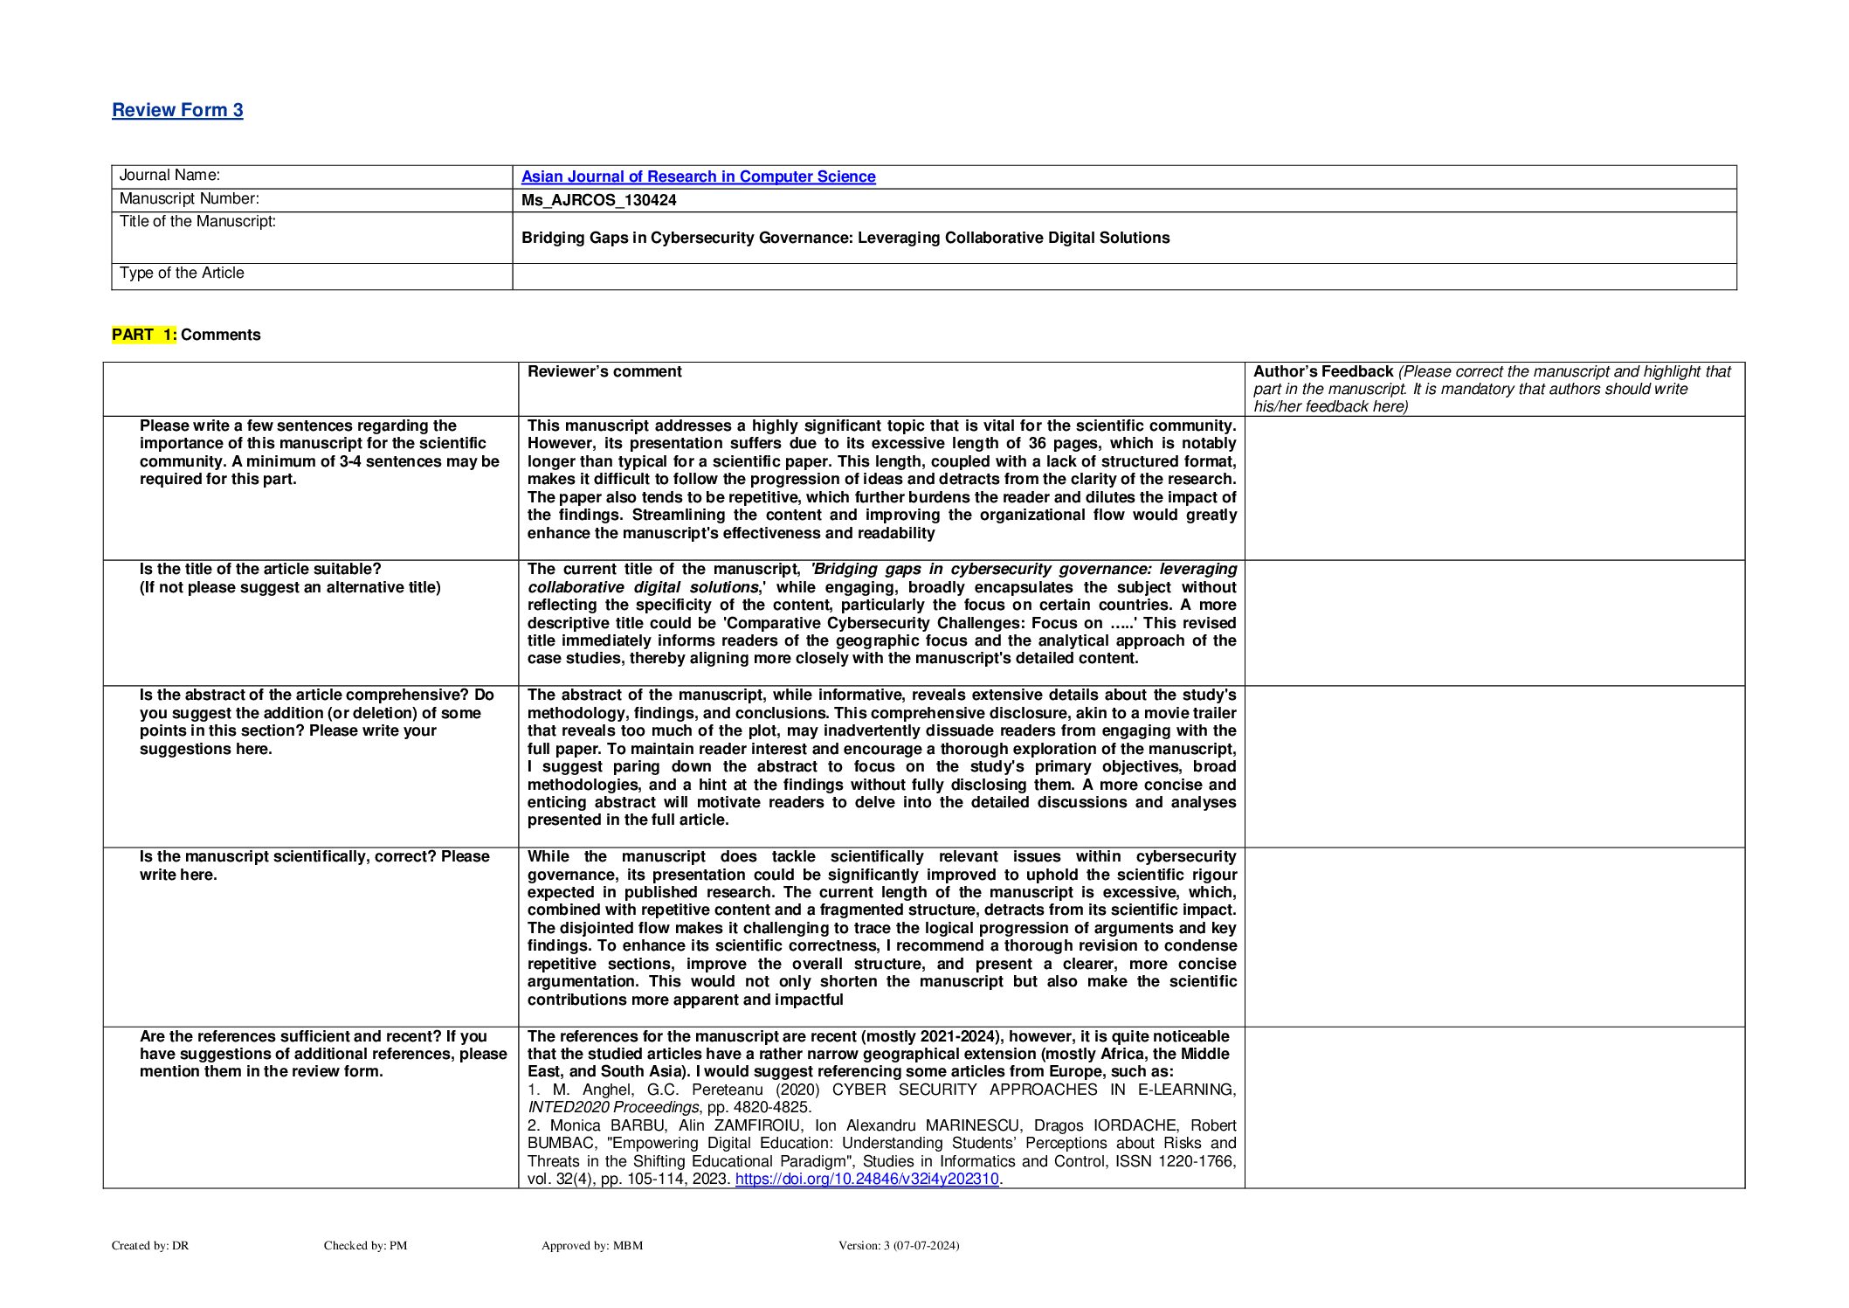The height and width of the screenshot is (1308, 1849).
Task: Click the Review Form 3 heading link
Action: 177,110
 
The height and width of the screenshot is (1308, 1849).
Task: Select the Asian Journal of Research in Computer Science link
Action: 698,176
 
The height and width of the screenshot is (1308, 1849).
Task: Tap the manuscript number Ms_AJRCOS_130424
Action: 598,200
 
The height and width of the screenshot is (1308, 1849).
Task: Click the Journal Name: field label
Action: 169,176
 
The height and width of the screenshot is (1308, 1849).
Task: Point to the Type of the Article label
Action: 182,273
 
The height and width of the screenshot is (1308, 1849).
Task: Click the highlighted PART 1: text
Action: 144,335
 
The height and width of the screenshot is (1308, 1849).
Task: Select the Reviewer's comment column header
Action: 604,371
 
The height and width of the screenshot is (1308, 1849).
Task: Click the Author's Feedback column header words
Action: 1322,371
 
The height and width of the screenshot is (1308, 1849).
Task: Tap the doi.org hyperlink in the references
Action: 866,1180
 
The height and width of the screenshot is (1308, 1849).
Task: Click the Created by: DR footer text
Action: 150,1246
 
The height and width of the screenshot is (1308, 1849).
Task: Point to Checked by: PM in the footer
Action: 365,1246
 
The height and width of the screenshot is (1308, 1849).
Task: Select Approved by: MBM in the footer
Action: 591,1246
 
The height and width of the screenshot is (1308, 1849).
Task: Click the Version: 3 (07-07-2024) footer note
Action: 898,1246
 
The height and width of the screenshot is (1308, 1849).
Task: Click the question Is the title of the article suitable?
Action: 260,570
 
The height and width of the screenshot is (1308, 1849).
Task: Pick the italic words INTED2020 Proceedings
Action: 613,1108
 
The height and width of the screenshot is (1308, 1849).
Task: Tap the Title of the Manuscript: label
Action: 197,222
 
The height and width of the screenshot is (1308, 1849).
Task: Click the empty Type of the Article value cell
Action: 1123,276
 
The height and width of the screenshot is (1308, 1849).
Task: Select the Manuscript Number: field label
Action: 189,199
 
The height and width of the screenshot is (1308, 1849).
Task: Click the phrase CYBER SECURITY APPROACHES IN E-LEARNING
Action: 1033,1090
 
